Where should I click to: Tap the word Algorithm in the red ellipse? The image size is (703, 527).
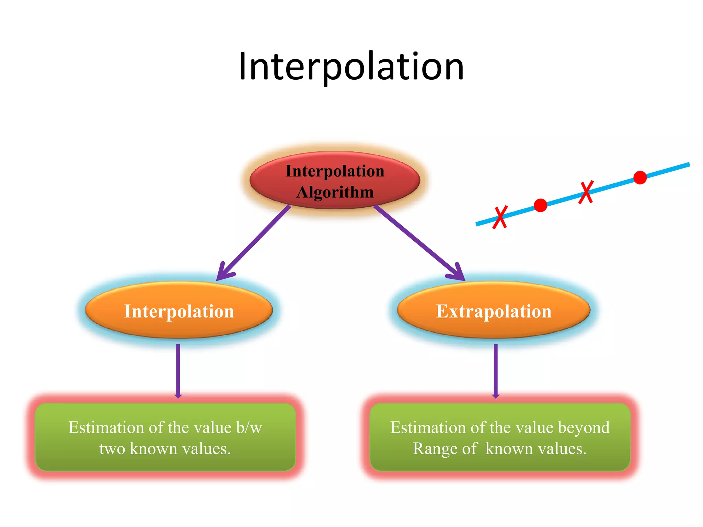click(335, 192)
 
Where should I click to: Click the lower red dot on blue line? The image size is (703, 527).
click(540, 205)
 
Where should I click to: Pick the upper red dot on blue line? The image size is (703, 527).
click(640, 177)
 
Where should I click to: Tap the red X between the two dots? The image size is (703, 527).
click(586, 192)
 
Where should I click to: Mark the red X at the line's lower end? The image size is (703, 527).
click(500, 217)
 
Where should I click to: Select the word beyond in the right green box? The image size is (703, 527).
click(584, 428)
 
